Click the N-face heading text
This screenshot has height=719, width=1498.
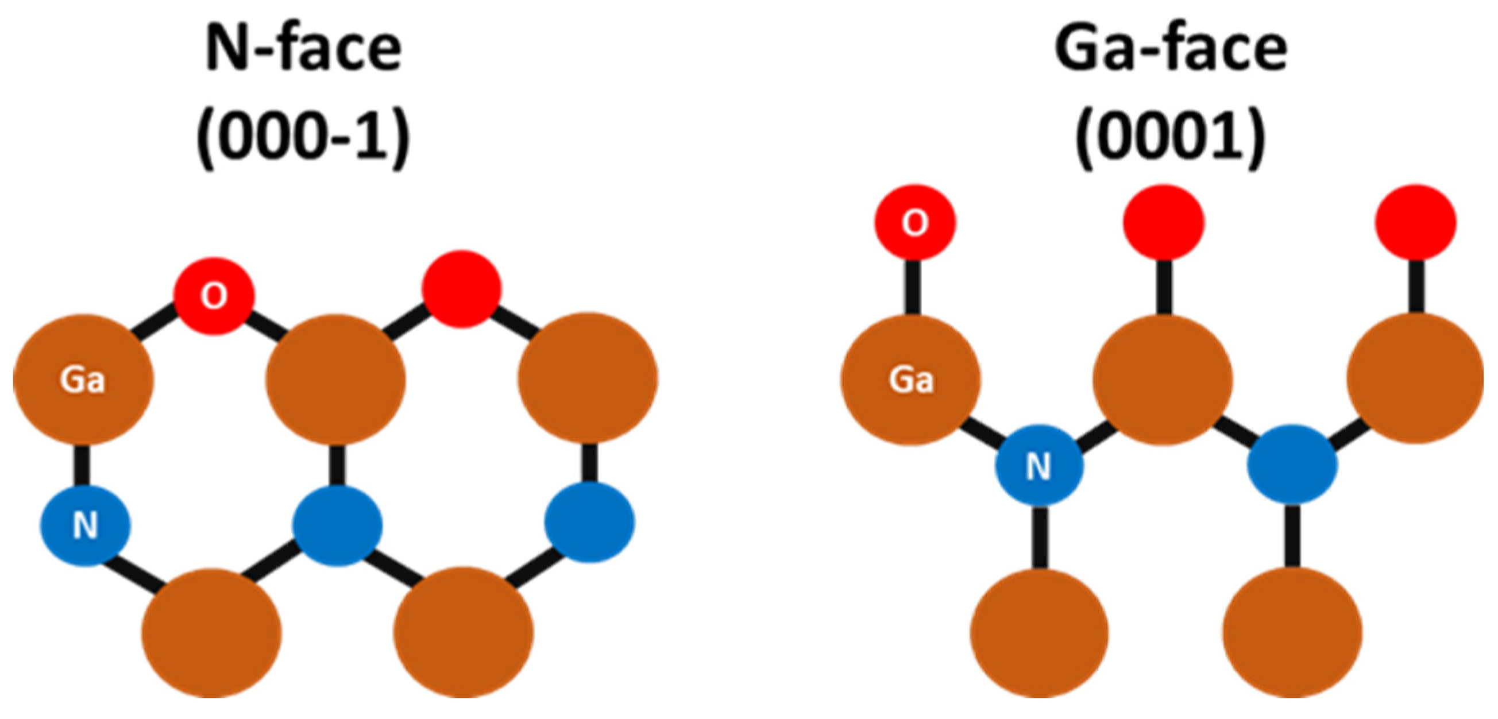click(303, 49)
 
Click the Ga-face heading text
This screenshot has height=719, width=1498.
click(1170, 49)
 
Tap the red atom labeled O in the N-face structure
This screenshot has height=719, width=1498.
click(214, 296)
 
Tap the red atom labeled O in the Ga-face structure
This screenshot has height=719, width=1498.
click(915, 222)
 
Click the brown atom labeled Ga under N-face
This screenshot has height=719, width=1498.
click(83, 380)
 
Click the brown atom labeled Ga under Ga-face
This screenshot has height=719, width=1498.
click(910, 380)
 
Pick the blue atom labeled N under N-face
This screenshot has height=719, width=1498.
click(85, 525)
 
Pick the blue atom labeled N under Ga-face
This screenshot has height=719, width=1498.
click(1039, 465)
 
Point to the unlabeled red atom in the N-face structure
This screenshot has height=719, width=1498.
click(462, 289)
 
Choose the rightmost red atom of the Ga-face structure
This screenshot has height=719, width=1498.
click(1415, 222)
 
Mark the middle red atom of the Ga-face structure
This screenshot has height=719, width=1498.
click(1164, 222)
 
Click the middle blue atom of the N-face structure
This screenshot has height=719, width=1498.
click(337, 525)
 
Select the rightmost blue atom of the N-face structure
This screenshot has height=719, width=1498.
click(589, 522)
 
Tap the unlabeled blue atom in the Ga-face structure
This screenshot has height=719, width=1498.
click(1292, 464)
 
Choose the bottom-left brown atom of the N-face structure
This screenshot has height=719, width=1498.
click(212, 632)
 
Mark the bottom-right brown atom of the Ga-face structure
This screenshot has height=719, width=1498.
click(1292, 632)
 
